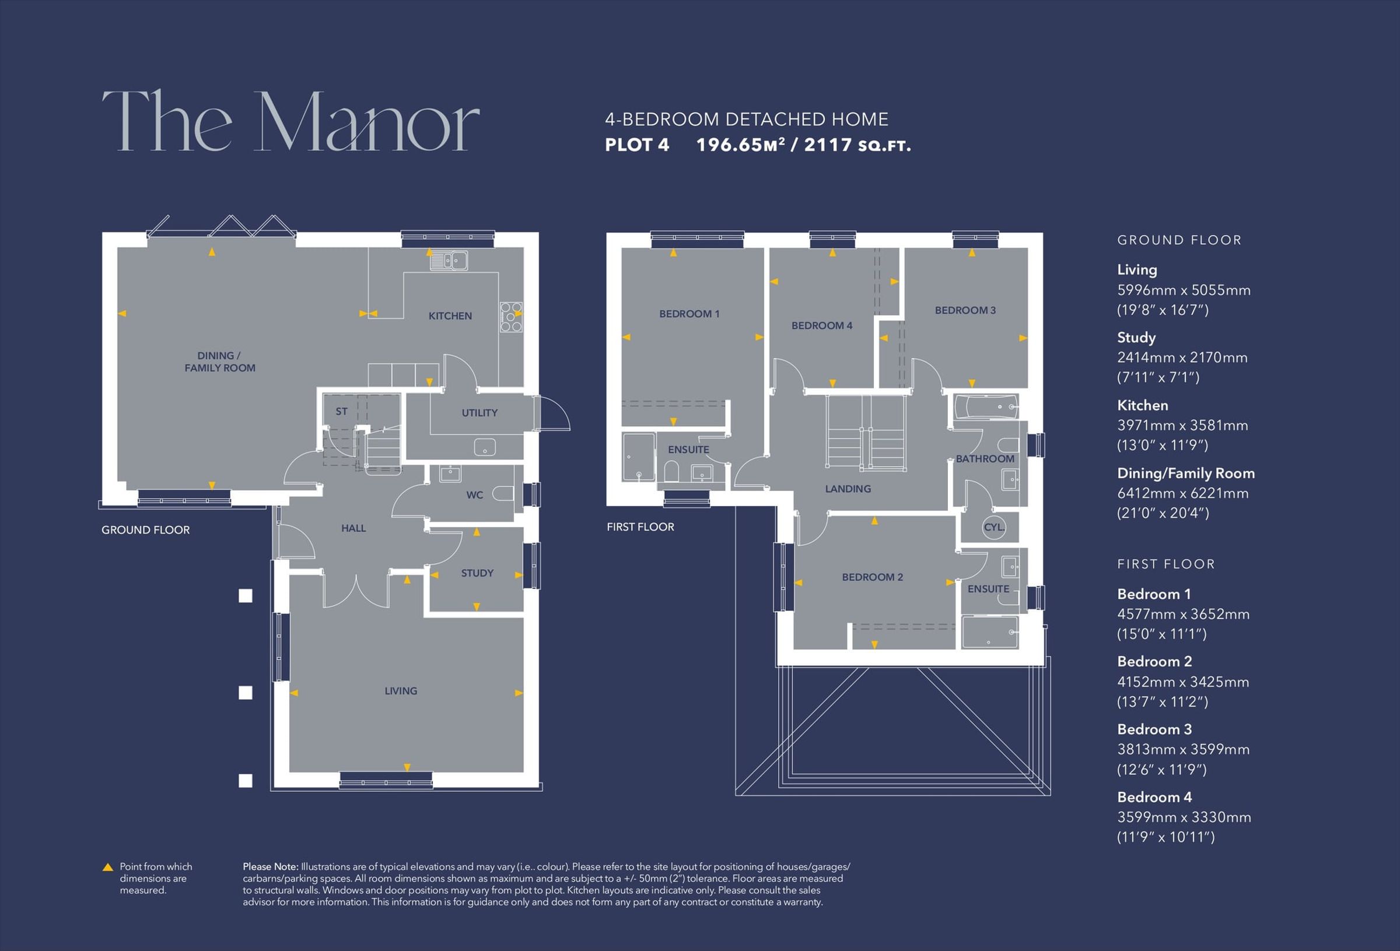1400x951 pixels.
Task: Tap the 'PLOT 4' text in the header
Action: (x=637, y=145)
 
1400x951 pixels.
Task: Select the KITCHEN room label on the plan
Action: (x=450, y=315)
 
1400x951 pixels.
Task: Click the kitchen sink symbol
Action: (x=449, y=260)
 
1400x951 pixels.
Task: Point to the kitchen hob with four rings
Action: (x=511, y=317)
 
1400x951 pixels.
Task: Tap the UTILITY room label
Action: (x=480, y=413)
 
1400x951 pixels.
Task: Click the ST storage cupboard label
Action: (x=342, y=411)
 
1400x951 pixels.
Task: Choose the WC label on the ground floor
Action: (x=475, y=495)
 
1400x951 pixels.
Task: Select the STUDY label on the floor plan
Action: (x=477, y=573)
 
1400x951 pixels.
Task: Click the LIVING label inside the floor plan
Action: (x=401, y=691)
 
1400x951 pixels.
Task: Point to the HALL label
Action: (x=353, y=528)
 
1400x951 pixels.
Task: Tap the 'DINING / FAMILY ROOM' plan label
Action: (x=220, y=362)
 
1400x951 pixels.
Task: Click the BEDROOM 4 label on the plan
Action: (x=822, y=325)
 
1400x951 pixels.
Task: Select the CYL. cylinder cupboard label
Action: (x=994, y=527)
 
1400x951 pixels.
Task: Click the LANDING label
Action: (x=848, y=489)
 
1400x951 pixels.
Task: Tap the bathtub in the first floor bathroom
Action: (x=986, y=407)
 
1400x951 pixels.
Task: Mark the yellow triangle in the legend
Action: (x=108, y=867)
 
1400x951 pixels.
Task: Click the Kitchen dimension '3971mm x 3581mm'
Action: (x=1182, y=425)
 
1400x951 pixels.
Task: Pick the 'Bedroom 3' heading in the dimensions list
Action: (x=1154, y=729)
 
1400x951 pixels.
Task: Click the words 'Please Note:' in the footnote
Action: (x=271, y=866)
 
